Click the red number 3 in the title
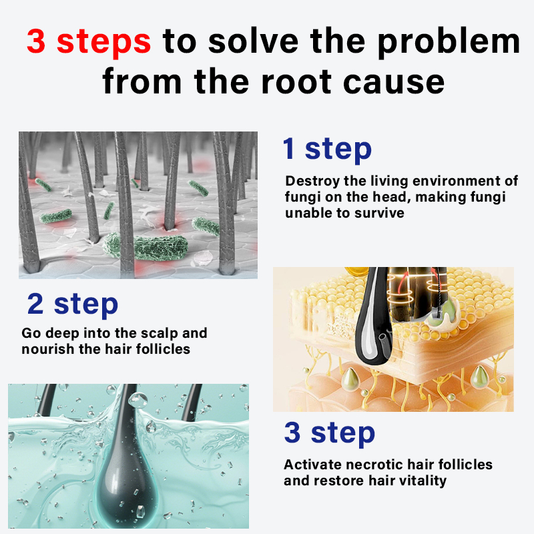pyautogui.click(x=36, y=41)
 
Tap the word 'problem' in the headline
pyautogui.click(x=449, y=42)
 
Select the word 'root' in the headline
pyautogui.click(x=296, y=81)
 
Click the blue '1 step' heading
pyautogui.click(x=327, y=149)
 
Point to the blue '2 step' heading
pyautogui.click(x=73, y=304)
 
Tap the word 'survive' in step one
pyautogui.click(x=379, y=213)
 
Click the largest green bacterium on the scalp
pyautogui.click(x=146, y=246)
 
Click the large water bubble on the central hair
pyautogui.click(x=138, y=400)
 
